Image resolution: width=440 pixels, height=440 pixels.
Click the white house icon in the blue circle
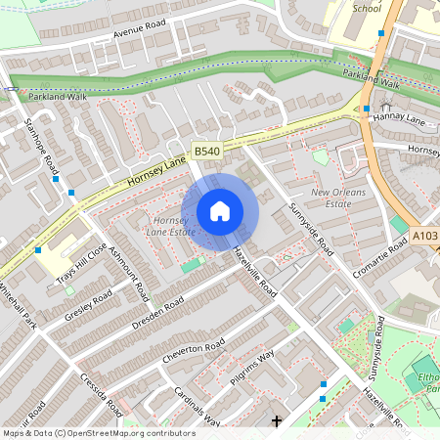220,210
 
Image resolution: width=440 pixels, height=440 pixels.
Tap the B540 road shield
205,152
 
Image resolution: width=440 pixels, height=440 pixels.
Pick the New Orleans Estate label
338,199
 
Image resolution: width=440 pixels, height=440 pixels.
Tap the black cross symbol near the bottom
277,421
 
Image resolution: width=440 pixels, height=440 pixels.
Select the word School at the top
367,7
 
